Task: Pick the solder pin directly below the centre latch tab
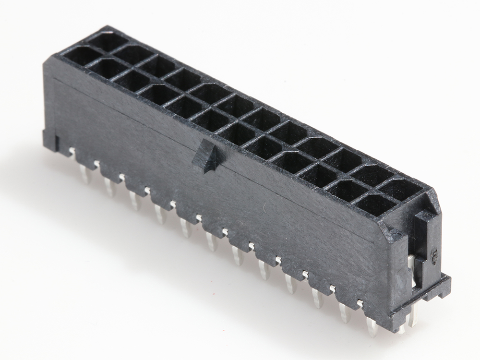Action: (x=211, y=240)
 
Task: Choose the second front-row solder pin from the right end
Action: (x=345, y=312)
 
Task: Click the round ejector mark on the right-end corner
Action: (x=396, y=235)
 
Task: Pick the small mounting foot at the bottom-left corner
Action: (x=51, y=142)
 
